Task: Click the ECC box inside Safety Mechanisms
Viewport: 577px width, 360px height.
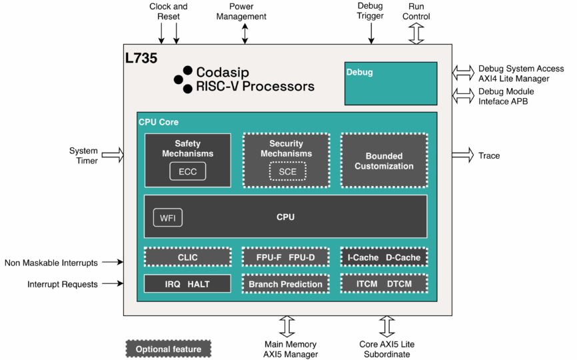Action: [187, 171]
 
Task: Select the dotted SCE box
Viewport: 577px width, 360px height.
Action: [287, 171]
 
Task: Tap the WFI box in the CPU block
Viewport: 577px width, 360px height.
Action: [167, 217]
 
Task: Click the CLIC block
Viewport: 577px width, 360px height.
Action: [187, 257]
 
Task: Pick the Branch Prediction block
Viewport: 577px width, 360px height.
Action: [285, 284]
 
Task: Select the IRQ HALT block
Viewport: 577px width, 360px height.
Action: [187, 284]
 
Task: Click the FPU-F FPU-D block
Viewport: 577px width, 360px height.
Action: [285, 257]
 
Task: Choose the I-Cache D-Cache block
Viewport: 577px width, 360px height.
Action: [383, 257]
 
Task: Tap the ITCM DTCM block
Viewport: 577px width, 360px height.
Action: [383, 284]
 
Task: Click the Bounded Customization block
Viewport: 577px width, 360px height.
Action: [384, 161]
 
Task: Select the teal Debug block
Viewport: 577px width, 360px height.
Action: [390, 83]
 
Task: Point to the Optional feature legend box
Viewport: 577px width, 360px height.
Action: [168, 349]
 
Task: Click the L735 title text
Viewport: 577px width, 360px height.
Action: [141, 58]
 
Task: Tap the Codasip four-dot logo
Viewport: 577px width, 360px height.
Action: [183, 79]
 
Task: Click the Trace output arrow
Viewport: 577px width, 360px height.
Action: [462, 155]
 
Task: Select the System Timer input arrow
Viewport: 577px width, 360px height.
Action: [113, 155]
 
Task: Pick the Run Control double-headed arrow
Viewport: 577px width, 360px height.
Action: [416, 33]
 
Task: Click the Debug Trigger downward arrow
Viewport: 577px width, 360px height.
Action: [371, 31]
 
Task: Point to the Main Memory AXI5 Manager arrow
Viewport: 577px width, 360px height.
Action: [287, 327]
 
